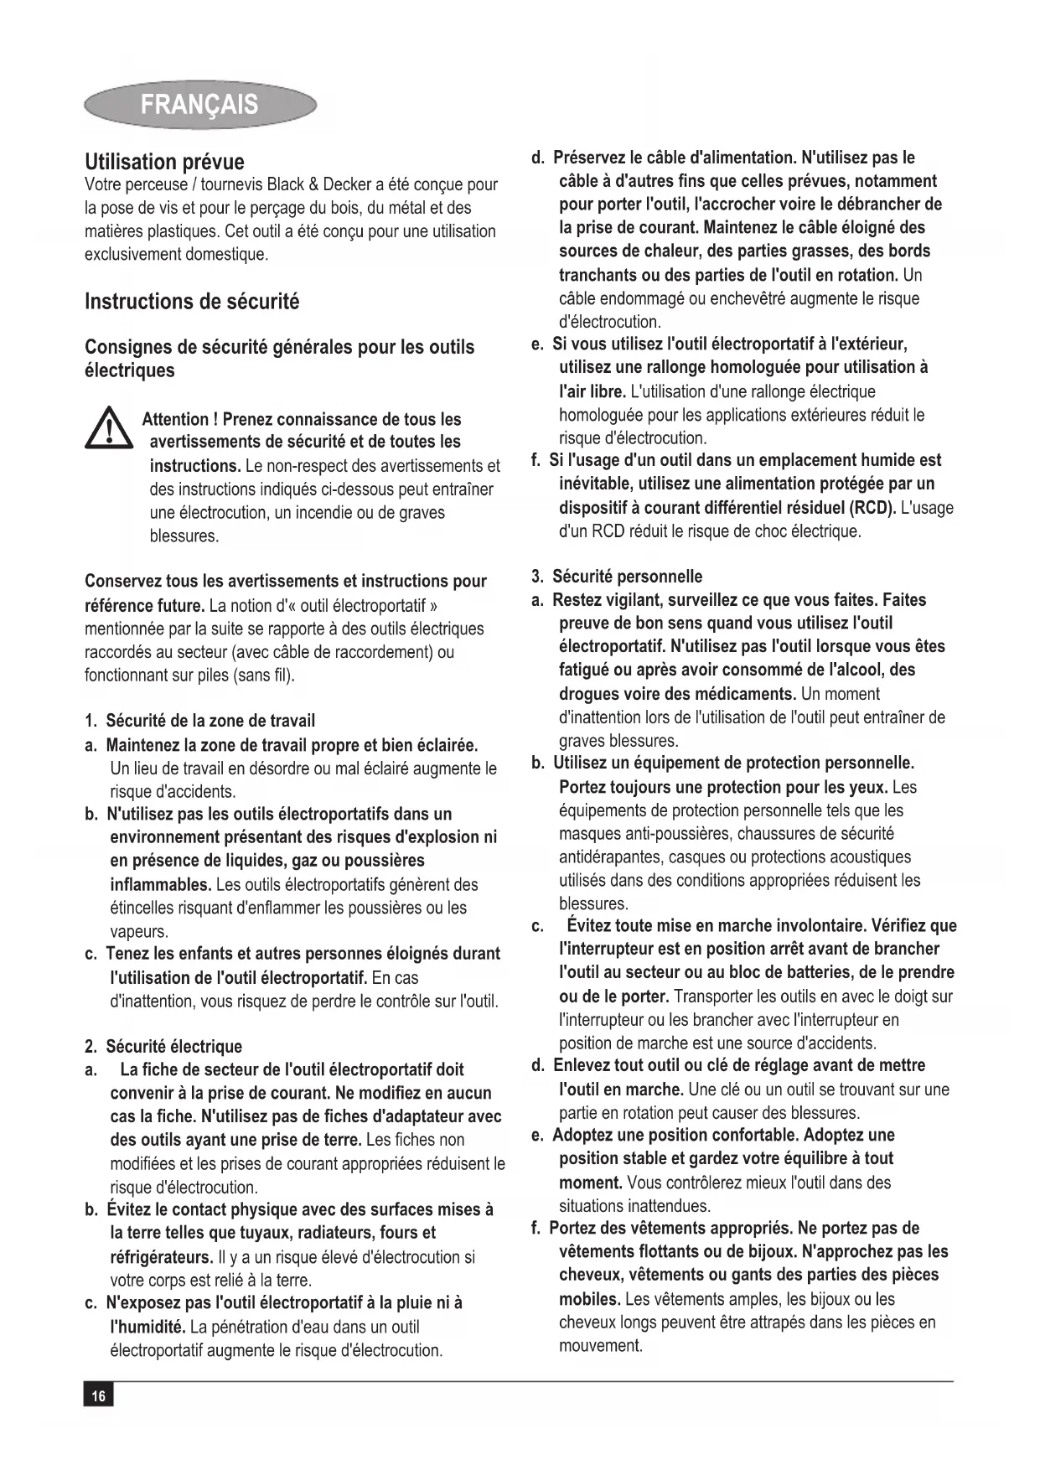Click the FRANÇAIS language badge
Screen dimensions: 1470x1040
click(x=199, y=105)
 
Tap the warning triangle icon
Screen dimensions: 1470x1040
click(x=108, y=427)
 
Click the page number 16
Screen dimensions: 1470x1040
click(x=98, y=1395)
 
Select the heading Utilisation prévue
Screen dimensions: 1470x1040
click(x=164, y=162)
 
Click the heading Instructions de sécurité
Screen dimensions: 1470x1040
click(x=192, y=302)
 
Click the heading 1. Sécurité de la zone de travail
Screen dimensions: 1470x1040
click(x=200, y=721)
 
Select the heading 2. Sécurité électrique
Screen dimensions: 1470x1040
click(x=163, y=1046)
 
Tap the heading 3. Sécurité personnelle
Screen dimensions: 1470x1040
click(x=618, y=577)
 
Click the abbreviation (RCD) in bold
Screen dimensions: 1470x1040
click(x=872, y=508)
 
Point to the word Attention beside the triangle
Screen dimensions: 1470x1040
click(x=175, y=419)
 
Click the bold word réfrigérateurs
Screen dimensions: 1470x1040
click(x=161, y=1257)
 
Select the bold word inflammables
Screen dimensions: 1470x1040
click(x=160, y=884)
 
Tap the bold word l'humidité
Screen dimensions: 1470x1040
click(x=147, y=1327)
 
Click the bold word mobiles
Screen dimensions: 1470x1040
click(x=589, y=1299)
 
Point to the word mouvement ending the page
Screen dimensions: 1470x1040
click(x=600, y=1346)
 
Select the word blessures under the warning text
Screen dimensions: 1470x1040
click(x=184, y=536)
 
